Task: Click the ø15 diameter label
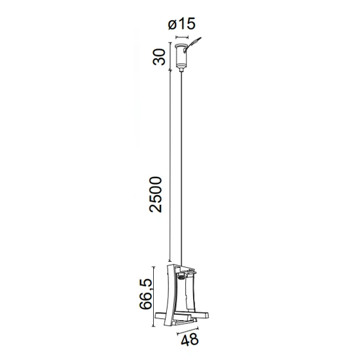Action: click(181, 24)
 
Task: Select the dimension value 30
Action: click(159, 57)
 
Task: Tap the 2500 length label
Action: click(155, 194)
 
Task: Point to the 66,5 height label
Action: click(145, 294)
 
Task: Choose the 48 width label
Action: click(189, 339)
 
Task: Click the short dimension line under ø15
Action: click(182, 37)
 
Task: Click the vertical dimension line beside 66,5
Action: click(153, 296)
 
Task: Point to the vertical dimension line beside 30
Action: click(170, 56)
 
